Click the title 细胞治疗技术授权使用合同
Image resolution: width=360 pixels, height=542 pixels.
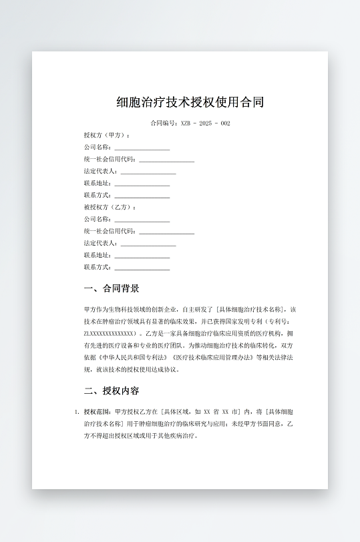pos(190,102)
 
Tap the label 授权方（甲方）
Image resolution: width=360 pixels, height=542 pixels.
pos(107,135)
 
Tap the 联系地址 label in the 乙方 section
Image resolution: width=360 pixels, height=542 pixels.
pos(98,255)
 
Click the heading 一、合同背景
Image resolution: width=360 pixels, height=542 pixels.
pos(112,288)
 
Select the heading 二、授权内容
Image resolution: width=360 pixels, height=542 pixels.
pos(112,390)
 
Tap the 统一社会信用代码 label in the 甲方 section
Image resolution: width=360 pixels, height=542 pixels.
pos(110,159)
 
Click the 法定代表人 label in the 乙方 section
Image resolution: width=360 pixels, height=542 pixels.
pos(100,243)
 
